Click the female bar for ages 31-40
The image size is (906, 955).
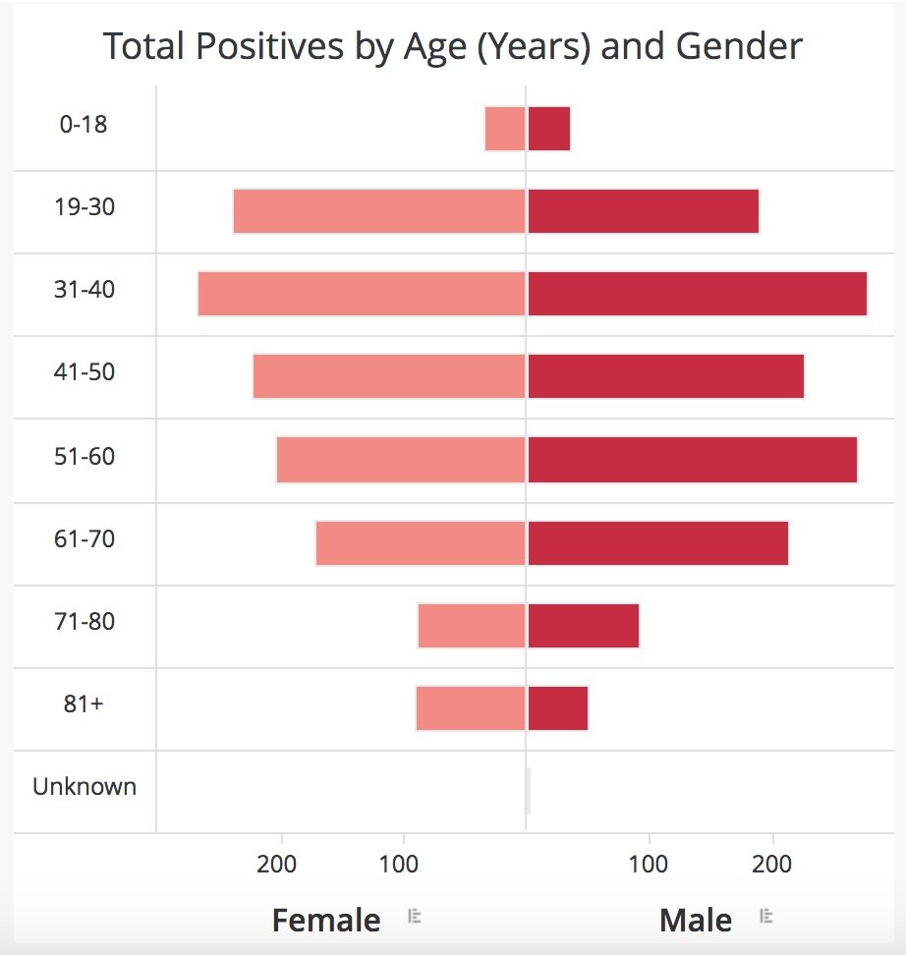click(x=361, y=294)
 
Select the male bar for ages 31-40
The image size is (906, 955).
click(x=697, y=294)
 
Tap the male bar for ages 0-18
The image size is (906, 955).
click(x=549, y=129)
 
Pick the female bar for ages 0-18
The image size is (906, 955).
click(x=505, y=129)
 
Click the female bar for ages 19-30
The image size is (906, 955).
click(x=378, y=211)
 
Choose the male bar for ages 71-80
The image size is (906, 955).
click(x=584, y=626)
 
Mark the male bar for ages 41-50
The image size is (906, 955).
click(x=665, y=376)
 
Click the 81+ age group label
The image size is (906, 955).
click(x=84, y=704)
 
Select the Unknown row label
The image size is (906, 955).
click(x=85, y=786)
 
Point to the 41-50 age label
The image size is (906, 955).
click(x=85, y=372)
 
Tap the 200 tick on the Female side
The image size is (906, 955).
click(x=277, y=866)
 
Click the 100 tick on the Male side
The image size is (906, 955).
click(x=649, y=866)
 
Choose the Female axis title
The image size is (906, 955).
click(x=326, y=921)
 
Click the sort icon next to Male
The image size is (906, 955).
click(x=766, y=917)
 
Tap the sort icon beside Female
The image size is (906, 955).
click(x=415, y=917)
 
